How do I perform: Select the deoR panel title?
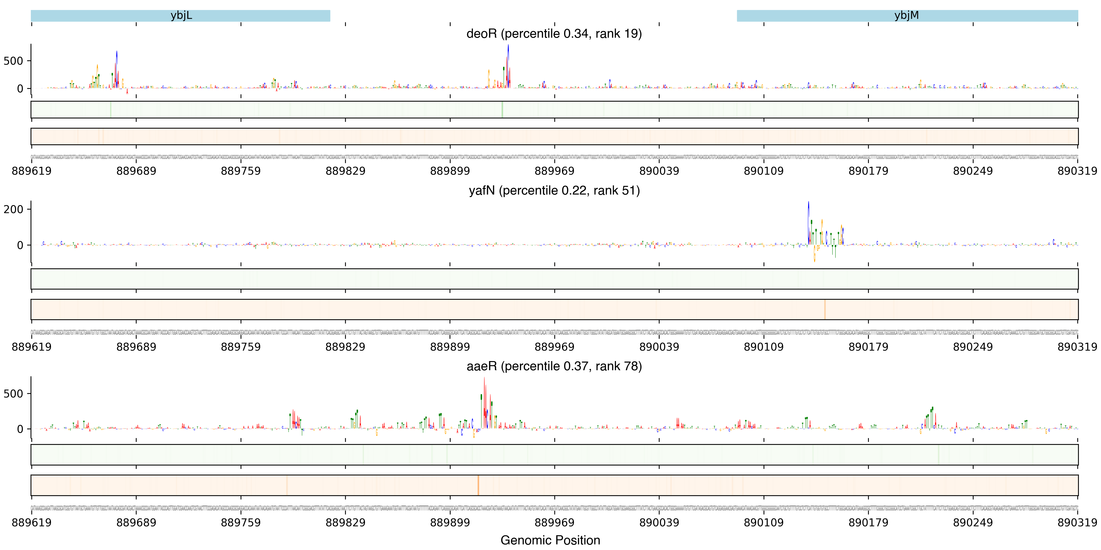(554, 33)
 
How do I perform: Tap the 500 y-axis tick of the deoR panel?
(13, 61)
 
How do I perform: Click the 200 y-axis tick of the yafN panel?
(13, 209)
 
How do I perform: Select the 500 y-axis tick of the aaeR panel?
(13, 394)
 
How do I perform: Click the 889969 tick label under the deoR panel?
(554, 171)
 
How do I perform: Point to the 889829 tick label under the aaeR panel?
(345, 523)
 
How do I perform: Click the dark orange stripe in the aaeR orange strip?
(478, 485)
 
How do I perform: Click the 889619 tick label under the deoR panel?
(32, 171)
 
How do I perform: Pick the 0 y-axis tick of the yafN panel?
(20, 245)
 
